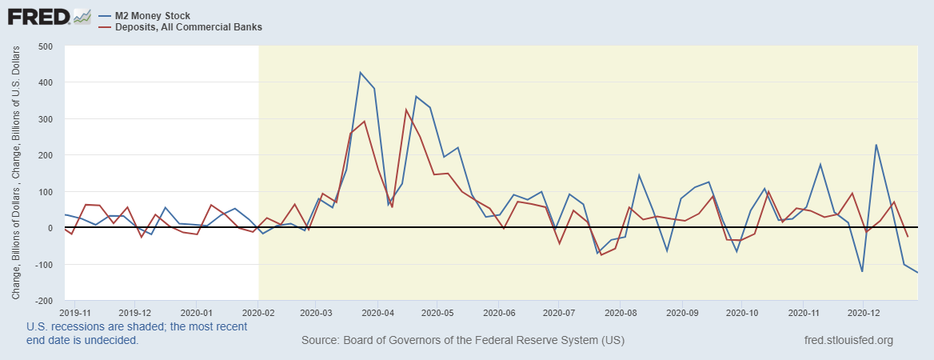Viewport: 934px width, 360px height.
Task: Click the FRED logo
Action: coord(38,16)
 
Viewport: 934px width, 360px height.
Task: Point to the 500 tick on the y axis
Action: coord(45,46)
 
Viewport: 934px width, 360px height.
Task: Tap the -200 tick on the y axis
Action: coord(43,301)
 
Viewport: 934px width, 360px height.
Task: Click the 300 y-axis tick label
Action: coord(45,118)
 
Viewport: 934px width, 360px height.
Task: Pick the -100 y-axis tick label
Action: coord(43,265)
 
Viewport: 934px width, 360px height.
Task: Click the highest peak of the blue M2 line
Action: coord(360,73)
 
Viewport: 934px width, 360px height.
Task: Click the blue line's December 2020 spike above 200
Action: coord(876,145)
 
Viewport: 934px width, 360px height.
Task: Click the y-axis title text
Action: coord(16,173)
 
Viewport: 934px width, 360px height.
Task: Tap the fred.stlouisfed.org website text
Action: coord(849,341)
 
